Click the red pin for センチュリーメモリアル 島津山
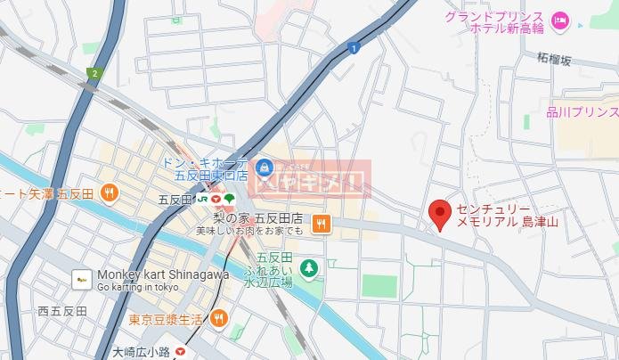coord(438,214)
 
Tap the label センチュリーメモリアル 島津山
coord(507,215)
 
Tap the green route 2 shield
coord(93,73)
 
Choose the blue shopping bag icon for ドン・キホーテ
coord(264,167)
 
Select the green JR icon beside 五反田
coord(214,198)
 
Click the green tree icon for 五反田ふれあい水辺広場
coord(309,266)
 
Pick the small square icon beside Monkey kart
coord(82,280)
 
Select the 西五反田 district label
coord(61,312)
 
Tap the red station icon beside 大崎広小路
coord(182,352)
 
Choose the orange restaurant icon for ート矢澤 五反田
coord(108,192)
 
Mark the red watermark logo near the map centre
coord(311,183)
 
